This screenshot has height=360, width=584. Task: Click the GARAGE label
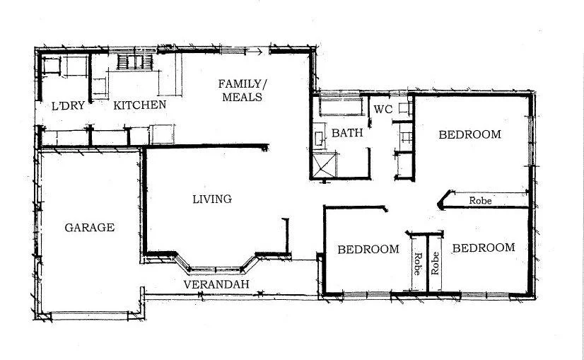[x=89, y=228]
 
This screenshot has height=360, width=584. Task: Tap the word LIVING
[x=212, y=199]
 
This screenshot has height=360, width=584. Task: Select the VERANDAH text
[x=215, y=284]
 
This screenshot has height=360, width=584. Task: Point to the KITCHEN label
[x=140, y=105]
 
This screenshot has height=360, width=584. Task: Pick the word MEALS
[x=242, y=97]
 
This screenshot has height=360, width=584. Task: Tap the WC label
[x=382, y=110]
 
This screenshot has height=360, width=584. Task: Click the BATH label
[x=347, y=132]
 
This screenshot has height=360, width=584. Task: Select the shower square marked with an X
[x=325, y=166]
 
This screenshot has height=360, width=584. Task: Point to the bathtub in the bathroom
[x=339, y=108]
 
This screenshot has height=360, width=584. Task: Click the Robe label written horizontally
[x=481, y=201]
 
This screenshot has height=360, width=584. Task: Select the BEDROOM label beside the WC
[x=469, y=134]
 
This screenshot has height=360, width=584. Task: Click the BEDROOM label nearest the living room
[x=368, y=249]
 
